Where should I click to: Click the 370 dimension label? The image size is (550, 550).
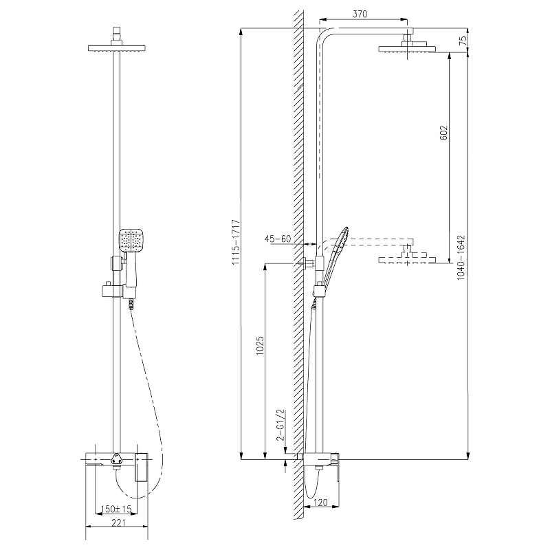[x=360, y=14]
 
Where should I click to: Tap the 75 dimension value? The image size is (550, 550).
[x=463, y=41]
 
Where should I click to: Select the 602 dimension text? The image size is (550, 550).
[x=443, y=133]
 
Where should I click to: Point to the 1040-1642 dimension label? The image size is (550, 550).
[x=461, y=257]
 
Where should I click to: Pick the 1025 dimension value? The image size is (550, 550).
[x=260, y=346]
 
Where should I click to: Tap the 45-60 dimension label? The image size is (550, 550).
[x=278, y=239]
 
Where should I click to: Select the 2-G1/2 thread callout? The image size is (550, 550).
[x=280, y=425]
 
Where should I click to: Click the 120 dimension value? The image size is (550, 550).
[x=320, y=503]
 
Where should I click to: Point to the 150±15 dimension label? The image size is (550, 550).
[x=116, y=509]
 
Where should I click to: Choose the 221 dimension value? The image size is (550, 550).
[x=118, y=523]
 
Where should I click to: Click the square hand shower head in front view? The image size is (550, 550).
[x=131, y=241]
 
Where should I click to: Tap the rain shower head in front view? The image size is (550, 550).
[x=116, y=47]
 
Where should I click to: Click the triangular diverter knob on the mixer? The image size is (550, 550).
[x=116, y=459]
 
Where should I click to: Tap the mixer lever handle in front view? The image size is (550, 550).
[x=142, y=467]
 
